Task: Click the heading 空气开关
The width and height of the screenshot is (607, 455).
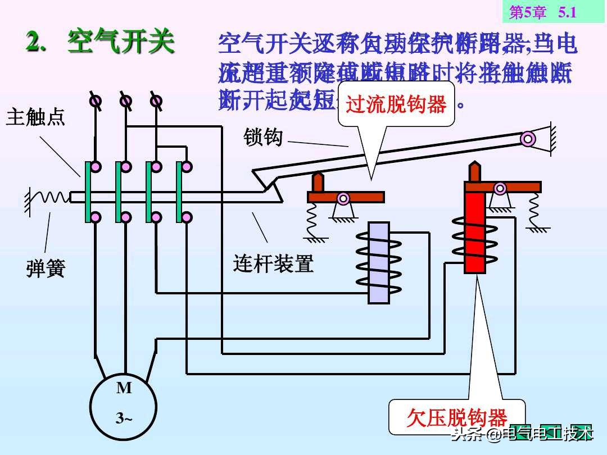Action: (121, 42)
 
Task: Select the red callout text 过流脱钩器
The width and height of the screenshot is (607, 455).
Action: (396, 104)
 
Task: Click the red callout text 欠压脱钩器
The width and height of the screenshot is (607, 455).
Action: (456, 418)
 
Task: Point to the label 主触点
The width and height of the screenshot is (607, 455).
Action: (35, 117)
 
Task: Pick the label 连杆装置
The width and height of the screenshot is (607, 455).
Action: (273, 263)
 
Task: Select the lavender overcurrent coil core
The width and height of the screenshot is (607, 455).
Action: (378, 263)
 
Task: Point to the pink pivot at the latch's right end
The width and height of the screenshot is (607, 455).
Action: (527, 138)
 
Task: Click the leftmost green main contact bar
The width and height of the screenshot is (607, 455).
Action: (88, 192)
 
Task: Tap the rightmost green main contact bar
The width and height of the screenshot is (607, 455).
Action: (179, 192)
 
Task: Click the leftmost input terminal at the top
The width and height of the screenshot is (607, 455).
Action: (96, 101)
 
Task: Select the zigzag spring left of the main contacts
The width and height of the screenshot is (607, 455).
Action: (49, 197)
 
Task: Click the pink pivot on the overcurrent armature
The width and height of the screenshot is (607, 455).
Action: (343, 198)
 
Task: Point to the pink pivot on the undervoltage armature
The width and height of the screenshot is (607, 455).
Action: (500, 188)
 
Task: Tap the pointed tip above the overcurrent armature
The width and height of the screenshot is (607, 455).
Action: (318, 181)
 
